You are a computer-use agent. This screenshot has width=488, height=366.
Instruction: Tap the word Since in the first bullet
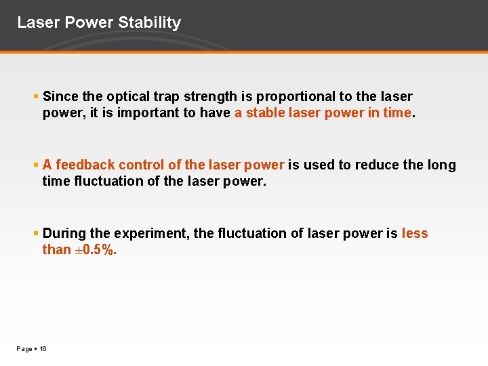(60, 97)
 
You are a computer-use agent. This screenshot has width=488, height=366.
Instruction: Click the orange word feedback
(86, 165)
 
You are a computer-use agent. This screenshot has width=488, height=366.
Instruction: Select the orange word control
(142, 165)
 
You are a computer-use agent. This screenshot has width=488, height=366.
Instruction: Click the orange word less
(415, 233)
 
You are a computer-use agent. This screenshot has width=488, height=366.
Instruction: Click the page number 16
(43, 349)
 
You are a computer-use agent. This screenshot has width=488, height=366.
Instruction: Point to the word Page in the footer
(24, 349)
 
